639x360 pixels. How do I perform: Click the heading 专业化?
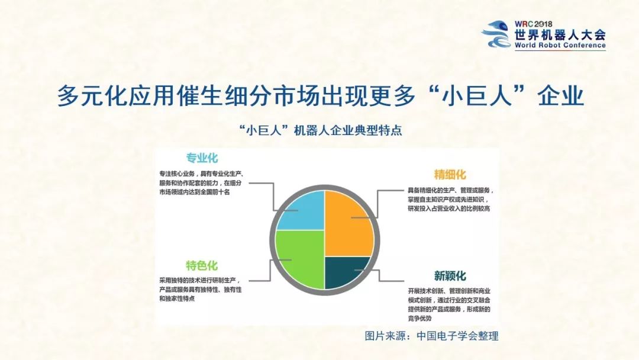pyautogui.click(x=202, y=158)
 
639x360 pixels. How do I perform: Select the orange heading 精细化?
pyautogui.click(x=450, y=175)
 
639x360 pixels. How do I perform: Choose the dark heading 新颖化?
pyautogui.click(x=450, y=276)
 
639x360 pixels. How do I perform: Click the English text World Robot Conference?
pyautogui.click(x=560, y=45)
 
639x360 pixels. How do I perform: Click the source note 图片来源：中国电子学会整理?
pyautogui.click(x=431, y=336)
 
